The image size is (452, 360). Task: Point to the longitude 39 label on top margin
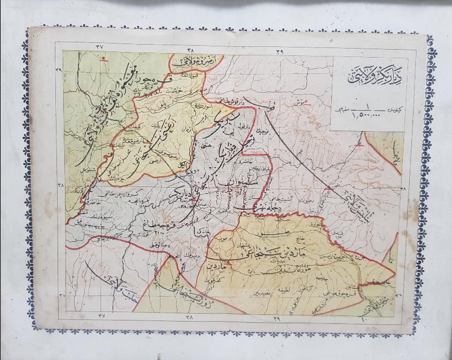click(x=279, y=53)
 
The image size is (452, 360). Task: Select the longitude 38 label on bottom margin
click(x=189, y=317)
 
